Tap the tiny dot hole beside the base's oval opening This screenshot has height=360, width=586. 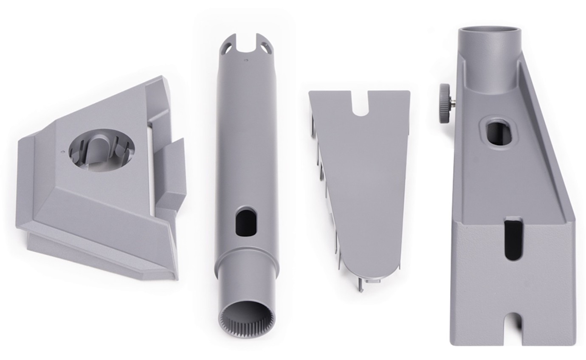(x=63, y=150)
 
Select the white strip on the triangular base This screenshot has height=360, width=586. (x=150, y=166)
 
